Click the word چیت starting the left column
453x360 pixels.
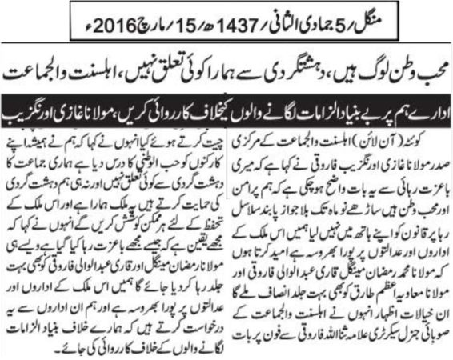(x=206, y=130)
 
